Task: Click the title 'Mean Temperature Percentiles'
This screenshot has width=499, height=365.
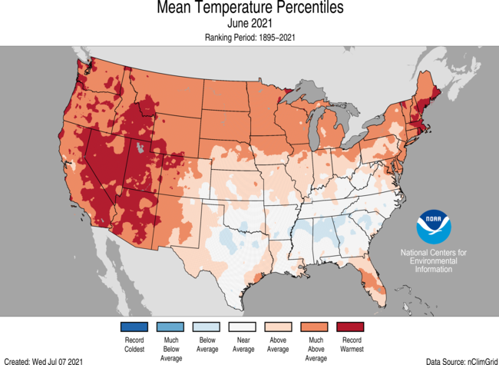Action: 249,8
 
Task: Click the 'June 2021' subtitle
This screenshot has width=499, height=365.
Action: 249,24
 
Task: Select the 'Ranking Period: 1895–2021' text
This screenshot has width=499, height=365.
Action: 249,37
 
